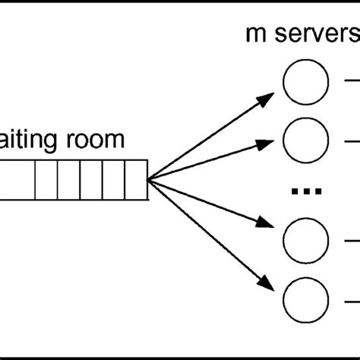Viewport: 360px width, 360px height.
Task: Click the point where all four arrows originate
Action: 148,180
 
